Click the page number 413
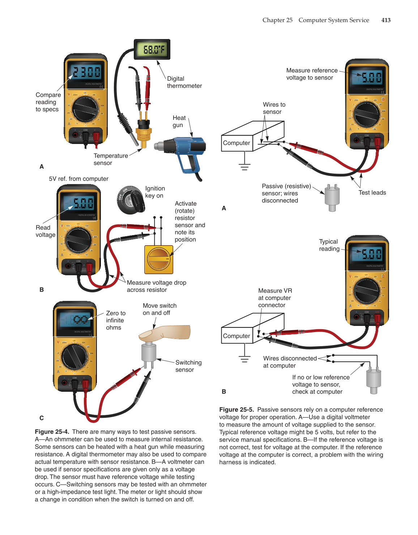[386, 20]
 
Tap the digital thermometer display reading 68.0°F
[152, 50]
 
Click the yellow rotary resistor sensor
[159, 259]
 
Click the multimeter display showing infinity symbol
[76, 319]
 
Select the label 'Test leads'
[372, 193]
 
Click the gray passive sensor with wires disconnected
[332, 198]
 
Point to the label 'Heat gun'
[179, 122]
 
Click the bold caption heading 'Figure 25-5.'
[236, 409]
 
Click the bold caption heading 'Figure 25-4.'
[52, 432]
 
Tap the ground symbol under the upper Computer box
[244, 166]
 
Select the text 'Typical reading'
[329, 245]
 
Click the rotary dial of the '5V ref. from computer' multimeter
[78, 240]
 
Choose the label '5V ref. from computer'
[78, 179]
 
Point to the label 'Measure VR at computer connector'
[275, 298]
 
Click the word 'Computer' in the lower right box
[236, 336]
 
